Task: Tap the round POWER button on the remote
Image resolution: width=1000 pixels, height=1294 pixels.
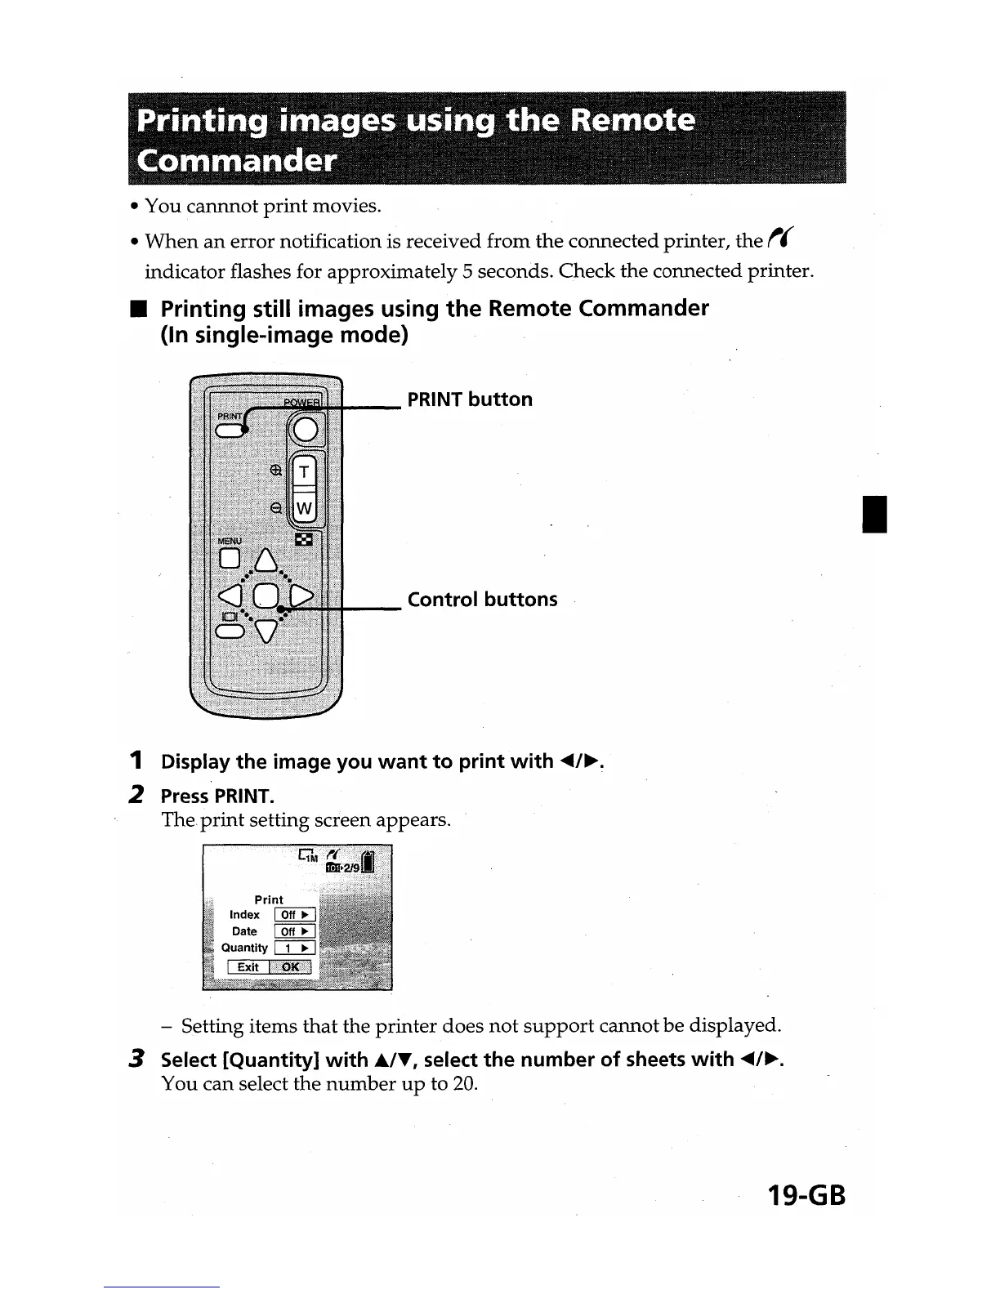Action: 305,430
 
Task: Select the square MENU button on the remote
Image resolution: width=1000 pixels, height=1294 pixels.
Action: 230,558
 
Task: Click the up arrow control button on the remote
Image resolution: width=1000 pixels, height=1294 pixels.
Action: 266,560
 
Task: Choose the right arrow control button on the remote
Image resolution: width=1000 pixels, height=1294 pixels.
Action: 301,597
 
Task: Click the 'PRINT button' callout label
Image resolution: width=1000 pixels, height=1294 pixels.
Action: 470,399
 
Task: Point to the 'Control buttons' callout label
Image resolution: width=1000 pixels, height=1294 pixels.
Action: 482,600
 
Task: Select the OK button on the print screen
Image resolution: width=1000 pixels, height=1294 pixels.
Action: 291,967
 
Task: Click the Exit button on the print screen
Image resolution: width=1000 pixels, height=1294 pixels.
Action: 248,967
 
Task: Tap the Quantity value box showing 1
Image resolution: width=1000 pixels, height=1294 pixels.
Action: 294,948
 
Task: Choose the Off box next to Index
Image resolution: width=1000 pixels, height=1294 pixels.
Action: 294,915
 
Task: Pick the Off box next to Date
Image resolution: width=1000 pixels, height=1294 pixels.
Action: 294,932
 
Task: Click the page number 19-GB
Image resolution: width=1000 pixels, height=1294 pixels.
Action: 806,1196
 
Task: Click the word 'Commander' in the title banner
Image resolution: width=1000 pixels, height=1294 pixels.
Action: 237,159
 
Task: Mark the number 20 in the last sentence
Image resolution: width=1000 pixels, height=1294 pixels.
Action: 462,1085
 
